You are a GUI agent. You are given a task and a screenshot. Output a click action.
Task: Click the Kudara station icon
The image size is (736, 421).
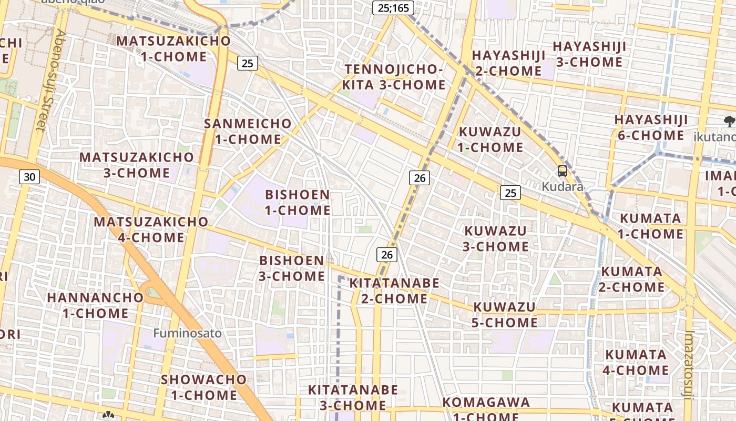[563, 171]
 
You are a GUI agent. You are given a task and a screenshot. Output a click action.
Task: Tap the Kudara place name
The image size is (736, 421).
[563, 187]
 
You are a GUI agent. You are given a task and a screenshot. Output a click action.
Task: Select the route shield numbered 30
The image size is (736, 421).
[29, 177]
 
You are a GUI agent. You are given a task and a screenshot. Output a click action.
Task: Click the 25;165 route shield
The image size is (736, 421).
[393, 8]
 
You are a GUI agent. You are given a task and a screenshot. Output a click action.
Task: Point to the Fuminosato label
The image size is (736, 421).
[188, 333]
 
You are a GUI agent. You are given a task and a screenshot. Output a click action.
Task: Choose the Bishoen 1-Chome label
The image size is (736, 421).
[297, 202]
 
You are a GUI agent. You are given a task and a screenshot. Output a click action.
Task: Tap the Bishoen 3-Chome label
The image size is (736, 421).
[292, 268]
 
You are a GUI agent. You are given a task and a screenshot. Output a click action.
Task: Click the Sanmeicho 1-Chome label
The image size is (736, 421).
[248, 131]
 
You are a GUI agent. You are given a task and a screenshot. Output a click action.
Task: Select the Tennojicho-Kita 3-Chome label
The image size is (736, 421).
[394, 77]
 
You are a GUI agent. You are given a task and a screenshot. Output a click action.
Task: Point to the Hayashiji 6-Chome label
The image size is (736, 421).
[651, 127]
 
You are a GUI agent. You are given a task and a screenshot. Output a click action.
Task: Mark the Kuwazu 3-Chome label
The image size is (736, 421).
[496, 238]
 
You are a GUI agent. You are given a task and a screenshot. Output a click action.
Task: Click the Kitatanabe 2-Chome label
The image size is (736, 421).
[394, 290]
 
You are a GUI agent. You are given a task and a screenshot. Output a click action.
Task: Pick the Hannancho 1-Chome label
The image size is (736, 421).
[95, 305]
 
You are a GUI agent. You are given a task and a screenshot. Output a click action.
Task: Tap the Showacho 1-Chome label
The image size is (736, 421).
[203, 387]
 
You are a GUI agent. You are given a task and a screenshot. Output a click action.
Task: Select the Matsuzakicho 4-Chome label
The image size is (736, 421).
[151, 229]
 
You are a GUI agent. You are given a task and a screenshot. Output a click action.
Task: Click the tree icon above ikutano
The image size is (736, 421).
[729, 122]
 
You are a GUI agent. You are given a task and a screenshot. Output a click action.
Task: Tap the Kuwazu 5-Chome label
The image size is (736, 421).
[504, 314]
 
